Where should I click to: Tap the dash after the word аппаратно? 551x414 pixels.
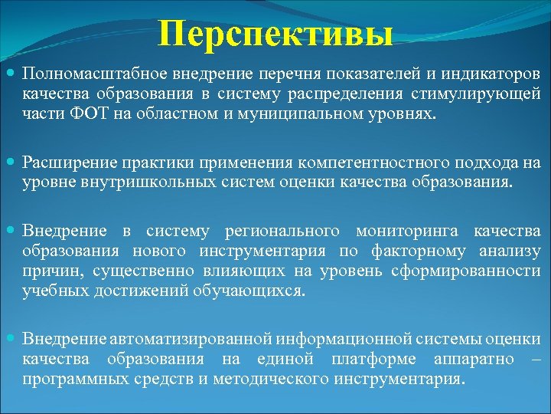(535, 359)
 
